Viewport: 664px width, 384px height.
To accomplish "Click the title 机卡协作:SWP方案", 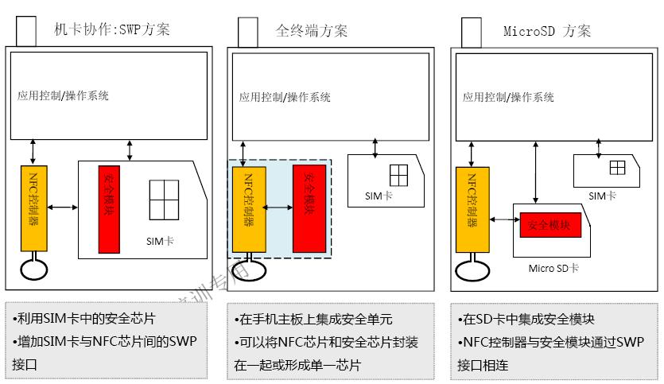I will (x=111, y=30).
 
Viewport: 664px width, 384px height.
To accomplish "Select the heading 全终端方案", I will (x=311, y=31).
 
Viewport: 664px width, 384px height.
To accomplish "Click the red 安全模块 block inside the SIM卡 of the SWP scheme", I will (x=109, y=209).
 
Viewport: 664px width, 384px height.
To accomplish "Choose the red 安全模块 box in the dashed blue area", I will (x=309, y=208).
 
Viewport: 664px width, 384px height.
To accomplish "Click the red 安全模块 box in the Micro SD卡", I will (x=550, y=225).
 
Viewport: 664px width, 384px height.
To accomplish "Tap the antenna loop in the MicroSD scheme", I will (x=471, y=268).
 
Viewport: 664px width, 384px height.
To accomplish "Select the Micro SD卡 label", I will (x=553, y=268).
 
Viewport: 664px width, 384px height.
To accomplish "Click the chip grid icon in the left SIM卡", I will (x=164, y=200).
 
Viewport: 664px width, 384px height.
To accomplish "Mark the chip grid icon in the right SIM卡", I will (x=617, y=168).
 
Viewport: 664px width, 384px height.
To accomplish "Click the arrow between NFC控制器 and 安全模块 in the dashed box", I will (x=279, y=208).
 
